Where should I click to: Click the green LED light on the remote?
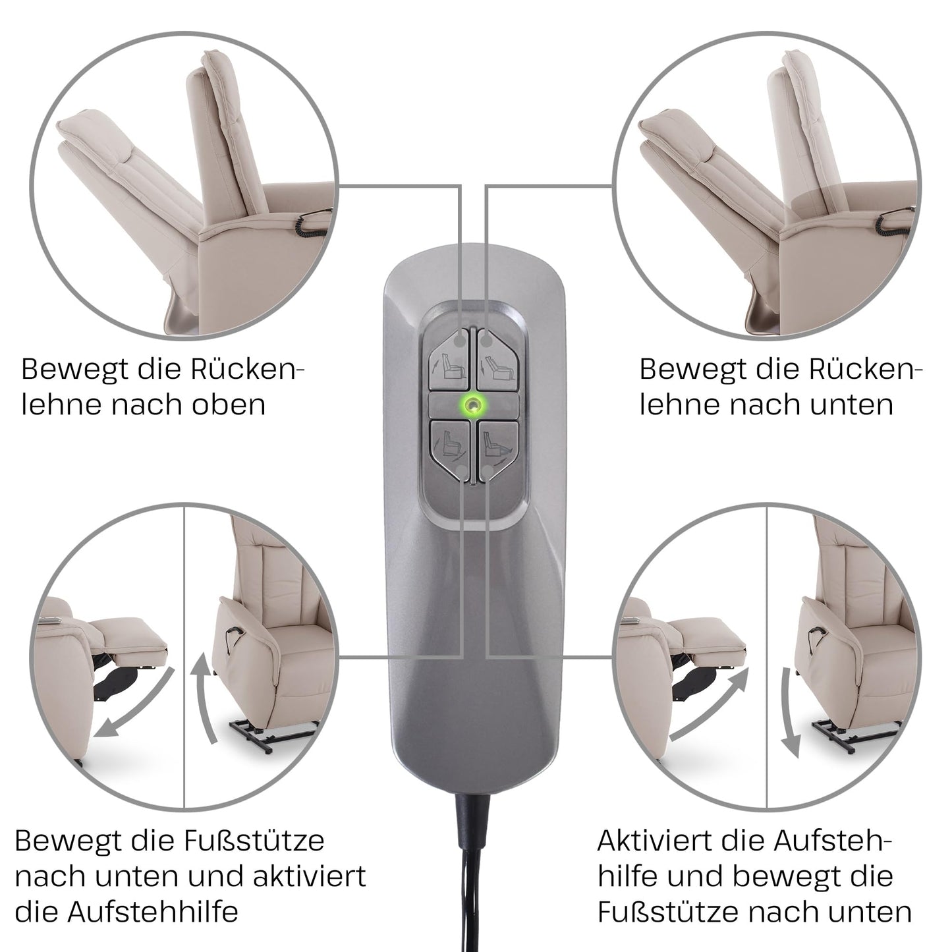[473, 406]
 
